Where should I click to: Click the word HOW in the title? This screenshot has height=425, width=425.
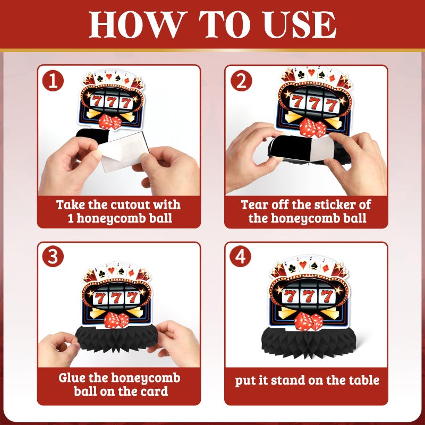coord(138,25)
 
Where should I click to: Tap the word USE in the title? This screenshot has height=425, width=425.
coord(300,25)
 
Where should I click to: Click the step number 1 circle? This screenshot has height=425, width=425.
coord(53,81)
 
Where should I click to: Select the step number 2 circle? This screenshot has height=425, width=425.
coord(241,81)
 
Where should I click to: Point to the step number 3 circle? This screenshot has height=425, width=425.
coord(53,257)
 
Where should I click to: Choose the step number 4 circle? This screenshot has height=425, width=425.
coord(241,257)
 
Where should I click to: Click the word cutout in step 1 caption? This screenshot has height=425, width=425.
coord(127,205)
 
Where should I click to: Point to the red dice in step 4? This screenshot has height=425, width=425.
coord(309,321)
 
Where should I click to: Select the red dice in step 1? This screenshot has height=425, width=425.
coord(110,122)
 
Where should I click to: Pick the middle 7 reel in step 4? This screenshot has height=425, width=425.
coord(308,296)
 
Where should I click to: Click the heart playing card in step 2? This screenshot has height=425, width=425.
coord(312,73)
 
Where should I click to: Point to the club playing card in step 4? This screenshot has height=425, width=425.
coord(291,268)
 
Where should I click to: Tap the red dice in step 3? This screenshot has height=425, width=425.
coord(116,320)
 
